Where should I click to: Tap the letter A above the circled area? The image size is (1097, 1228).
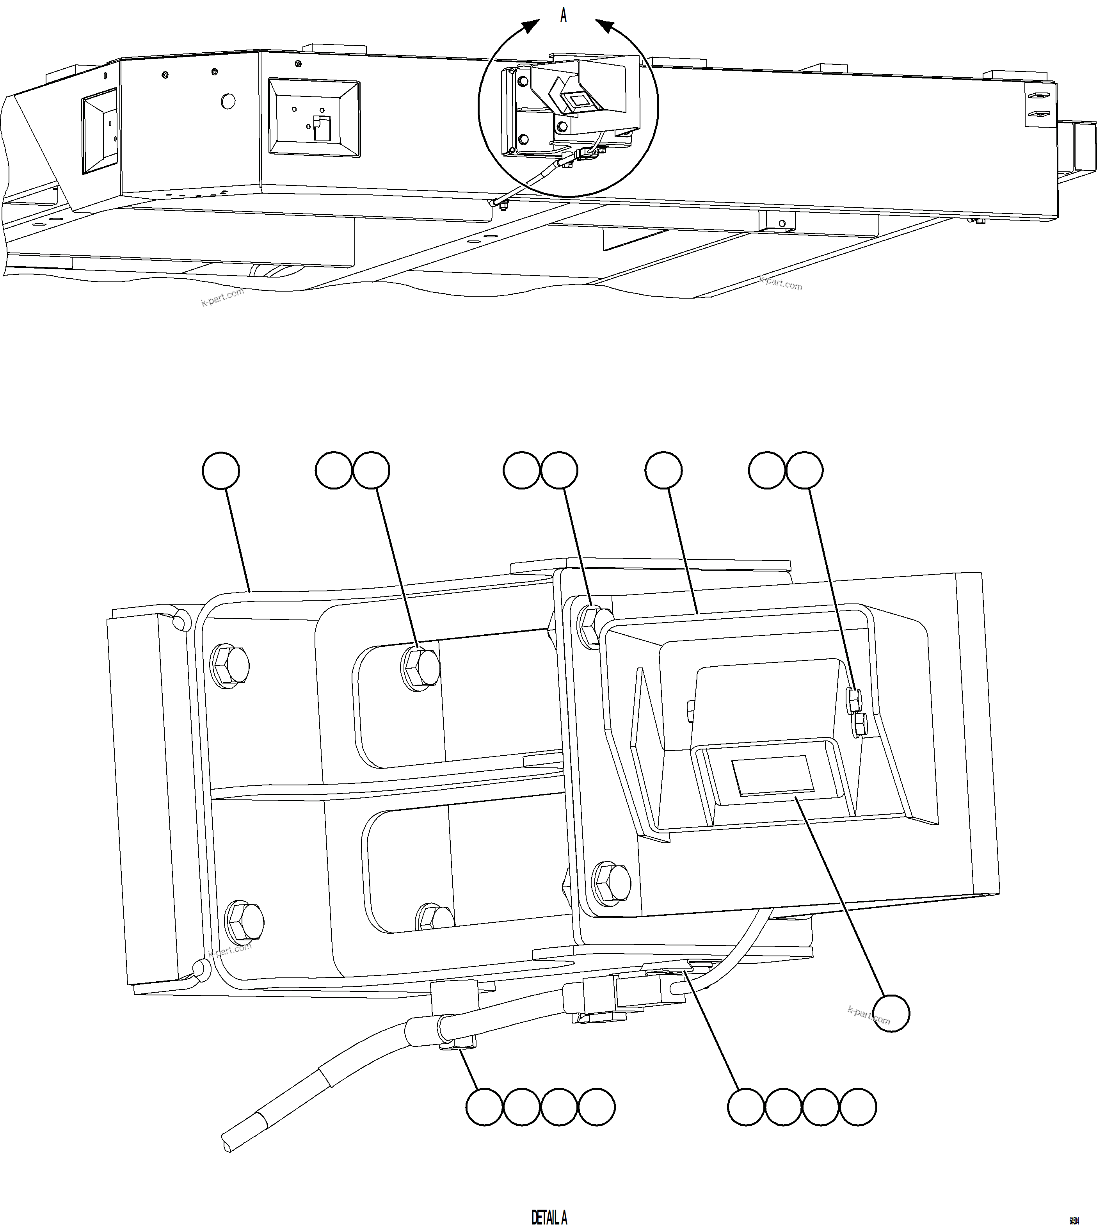(563, 16)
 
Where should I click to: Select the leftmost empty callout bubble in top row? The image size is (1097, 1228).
(220, 470)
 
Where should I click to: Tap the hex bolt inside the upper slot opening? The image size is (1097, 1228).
(420, 667)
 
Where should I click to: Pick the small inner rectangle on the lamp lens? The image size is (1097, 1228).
(772, 776)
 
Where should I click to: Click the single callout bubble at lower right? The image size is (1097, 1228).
(891, 1013)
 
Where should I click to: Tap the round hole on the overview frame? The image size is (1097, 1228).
(228, 101)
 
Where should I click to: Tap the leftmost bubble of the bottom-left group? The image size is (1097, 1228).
(485, 1107)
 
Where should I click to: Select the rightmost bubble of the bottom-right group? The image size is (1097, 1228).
(858, 1107)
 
